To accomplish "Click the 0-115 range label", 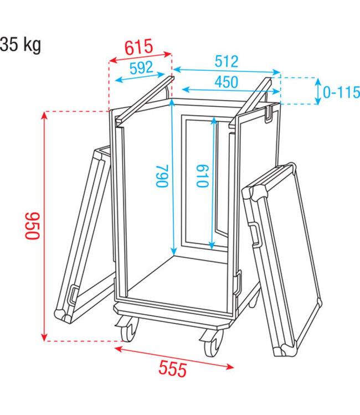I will tap(341, 92).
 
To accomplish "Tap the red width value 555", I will tap(172, 369).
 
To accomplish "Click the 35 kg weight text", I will tap(20, 44).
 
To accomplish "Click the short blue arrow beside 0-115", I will tap(318, 91).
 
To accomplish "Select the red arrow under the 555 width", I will tap(175, 356).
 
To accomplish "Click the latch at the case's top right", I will tap(270, 115).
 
